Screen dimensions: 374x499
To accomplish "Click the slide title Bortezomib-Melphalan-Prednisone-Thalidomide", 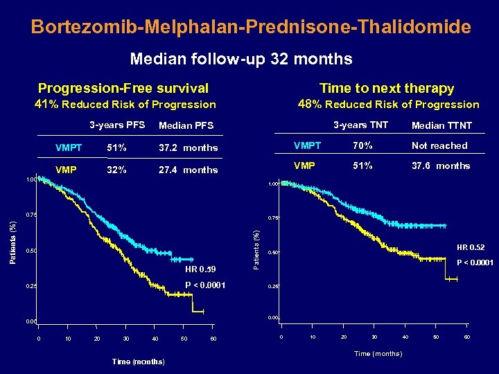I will point(251,27).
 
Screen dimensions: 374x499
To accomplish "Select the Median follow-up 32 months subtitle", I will point(240,59).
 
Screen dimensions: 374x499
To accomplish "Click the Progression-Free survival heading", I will point(123,88).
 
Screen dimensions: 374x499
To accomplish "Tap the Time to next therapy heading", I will point(387,88).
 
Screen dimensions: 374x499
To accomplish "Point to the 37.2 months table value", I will point(188,148).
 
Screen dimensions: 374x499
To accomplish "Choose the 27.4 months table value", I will point(188,170).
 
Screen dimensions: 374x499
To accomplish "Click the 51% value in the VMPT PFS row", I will point(116,148).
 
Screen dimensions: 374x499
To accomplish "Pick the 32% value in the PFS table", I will point(116,170).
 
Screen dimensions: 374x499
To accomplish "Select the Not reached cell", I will point(439,145).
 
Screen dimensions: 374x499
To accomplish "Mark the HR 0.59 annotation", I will point(201,269).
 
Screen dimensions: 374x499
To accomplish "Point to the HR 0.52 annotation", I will point(471,247).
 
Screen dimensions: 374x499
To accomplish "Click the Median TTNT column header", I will point(441,125).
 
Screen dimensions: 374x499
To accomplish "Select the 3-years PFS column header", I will point(116,125).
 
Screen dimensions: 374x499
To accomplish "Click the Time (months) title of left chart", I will point(138,362).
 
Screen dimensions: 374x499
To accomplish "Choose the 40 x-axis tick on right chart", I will point(405,337).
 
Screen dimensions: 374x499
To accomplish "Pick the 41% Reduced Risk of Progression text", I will point(125,105).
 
